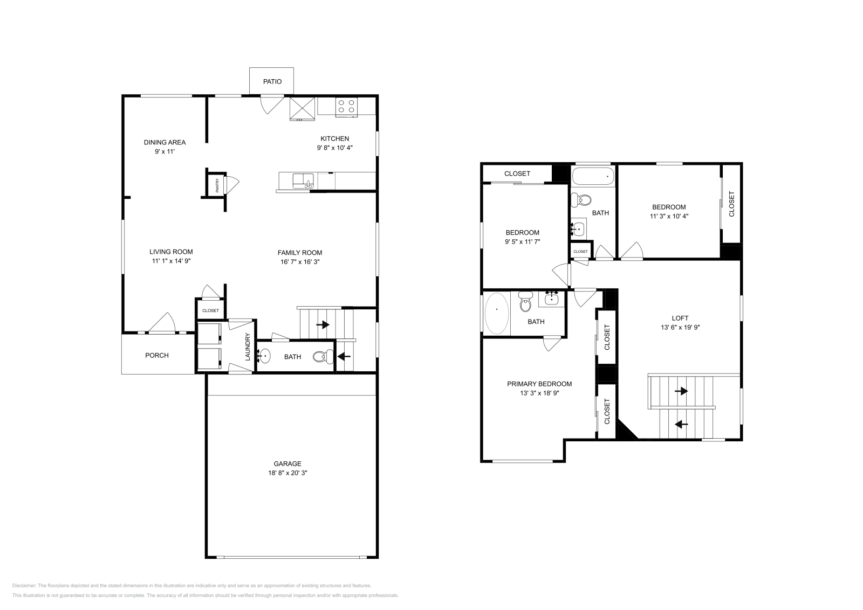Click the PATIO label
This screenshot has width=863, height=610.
(272, 81)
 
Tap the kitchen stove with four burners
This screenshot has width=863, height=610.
(346, 107)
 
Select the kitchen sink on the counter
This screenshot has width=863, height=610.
(303, 181)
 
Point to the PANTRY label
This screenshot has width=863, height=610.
(217, 185)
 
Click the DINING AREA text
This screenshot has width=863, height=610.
(165, 142)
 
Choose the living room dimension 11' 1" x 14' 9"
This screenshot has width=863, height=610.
(171, 261)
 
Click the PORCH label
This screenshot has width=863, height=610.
(157, 355)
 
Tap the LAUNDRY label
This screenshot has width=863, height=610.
(248, 346)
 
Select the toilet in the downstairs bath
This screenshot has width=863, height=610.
(323, 357)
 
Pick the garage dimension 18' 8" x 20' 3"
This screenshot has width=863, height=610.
(287, 473)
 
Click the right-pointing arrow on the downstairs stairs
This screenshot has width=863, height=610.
(323, 324)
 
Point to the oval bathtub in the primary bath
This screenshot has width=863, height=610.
(497, 314)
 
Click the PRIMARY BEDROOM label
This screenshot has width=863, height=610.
(539, 384)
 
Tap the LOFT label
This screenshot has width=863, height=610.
(680, 318)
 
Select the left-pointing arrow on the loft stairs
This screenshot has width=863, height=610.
(682, 424)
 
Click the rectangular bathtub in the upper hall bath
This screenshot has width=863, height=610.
(593, 177)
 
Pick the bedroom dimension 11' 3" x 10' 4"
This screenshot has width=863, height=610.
(669, 216)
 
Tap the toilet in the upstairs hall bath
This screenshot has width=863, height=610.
(581, 200)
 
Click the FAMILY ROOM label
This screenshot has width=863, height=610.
(300, 253)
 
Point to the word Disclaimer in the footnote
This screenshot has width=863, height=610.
(24, 586)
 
